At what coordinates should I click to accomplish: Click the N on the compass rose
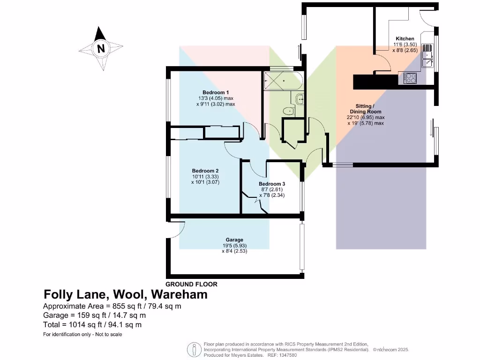[100, 48]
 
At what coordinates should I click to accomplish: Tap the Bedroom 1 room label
[216, 92]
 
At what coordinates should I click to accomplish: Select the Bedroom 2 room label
[205, 171]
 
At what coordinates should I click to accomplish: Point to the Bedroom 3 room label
[272, 184]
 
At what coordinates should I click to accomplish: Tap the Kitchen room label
[405, 38]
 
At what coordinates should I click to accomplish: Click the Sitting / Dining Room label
[365, 109]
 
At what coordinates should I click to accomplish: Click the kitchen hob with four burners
[410, 78]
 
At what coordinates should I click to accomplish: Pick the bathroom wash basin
[299, 98]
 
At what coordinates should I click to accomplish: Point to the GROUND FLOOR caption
[192, 284]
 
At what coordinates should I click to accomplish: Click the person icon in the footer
[194, 350]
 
